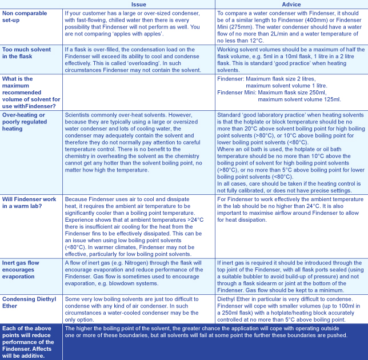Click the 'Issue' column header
coord(139,3)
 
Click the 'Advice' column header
coord(291,3)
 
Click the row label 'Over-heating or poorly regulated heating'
coord(29,121)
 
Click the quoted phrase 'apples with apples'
coord(148,33)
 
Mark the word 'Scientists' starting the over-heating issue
coord(80,115)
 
